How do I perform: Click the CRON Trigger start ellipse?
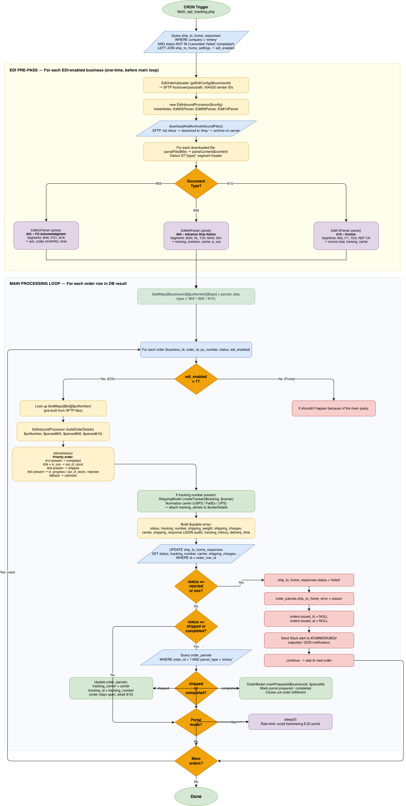(196, 9)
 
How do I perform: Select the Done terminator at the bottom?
(196, 796)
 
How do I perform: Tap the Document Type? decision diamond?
(196, 183)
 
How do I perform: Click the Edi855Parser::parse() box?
(46, 236)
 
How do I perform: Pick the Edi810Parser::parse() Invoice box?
(346, 236)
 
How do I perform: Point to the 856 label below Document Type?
(196, 210)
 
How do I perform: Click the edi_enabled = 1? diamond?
(196, 379)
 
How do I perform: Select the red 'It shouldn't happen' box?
(333, 408)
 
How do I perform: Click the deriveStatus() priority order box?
(63, 464)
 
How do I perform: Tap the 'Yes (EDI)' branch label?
(107, 379)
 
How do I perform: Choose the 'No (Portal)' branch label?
(287, 379)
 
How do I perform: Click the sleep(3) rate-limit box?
(290, 722)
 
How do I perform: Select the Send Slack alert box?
(309, 640)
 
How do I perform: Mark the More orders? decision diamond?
(196, 761)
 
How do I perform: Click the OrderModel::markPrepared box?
(285, 688)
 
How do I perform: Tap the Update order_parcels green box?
(111, 688)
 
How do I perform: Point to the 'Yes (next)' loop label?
(7, 572)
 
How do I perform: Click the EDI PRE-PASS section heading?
(84, 70)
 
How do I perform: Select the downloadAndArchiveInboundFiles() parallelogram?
(196, 128)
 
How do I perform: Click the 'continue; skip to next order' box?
(309, 660)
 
